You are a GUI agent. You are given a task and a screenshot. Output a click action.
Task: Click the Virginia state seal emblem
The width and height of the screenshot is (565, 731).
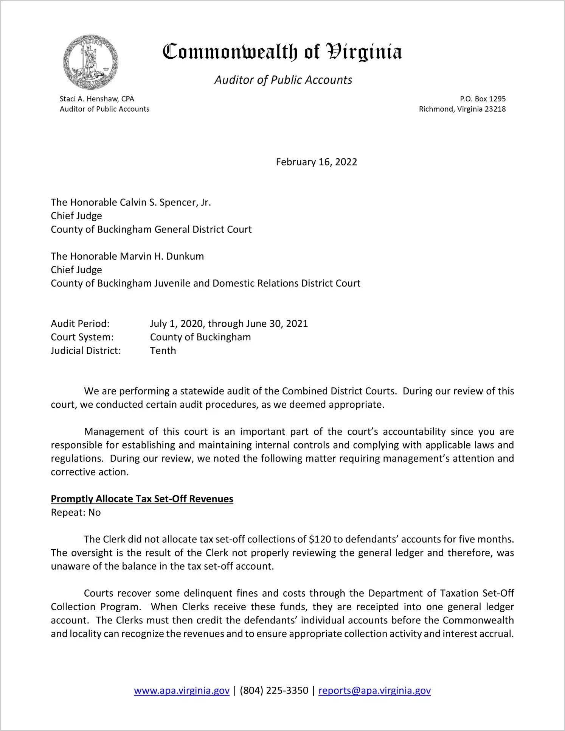pos(91,62)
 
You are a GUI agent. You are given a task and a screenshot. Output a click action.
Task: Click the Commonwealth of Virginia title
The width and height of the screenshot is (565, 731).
pos(282,52)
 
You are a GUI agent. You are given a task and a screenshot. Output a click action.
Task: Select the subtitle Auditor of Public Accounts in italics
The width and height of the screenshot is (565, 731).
pos(283,80)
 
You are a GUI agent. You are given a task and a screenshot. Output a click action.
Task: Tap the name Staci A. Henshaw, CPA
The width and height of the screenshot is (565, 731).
pos(97,99)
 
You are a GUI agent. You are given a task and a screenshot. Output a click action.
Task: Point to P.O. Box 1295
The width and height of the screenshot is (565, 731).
pos(483,99)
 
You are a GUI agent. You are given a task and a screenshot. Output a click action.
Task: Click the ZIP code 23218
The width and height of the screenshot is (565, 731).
pos(495,109)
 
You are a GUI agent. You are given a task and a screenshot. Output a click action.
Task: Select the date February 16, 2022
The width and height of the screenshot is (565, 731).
pos(317,162)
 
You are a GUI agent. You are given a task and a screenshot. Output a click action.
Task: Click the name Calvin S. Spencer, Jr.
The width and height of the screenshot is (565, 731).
pos(165,203)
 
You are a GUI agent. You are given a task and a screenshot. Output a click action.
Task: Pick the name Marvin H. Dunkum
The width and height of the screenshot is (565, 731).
pos(162,256)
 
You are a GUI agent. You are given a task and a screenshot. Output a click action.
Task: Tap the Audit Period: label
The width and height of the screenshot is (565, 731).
pos(80,324)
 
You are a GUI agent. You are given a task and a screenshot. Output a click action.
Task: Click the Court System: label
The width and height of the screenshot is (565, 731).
pos(82,337)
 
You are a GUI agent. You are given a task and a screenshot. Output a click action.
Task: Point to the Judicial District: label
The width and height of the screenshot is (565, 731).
pos(86,351)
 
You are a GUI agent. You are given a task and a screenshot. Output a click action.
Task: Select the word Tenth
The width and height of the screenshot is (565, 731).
pos(163,351)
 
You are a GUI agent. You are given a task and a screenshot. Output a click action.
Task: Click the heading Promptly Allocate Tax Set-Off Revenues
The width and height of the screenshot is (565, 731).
pos(142,499)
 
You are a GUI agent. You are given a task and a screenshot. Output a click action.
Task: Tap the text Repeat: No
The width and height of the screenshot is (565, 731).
pos(76,513)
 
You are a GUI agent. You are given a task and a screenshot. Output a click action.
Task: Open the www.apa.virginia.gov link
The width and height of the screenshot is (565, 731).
pos(182,690)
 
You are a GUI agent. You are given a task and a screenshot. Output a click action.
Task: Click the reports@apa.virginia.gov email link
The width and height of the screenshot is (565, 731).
pos(374,690)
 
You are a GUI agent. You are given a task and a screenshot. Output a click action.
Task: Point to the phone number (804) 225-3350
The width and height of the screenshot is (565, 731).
pos(274,690)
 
